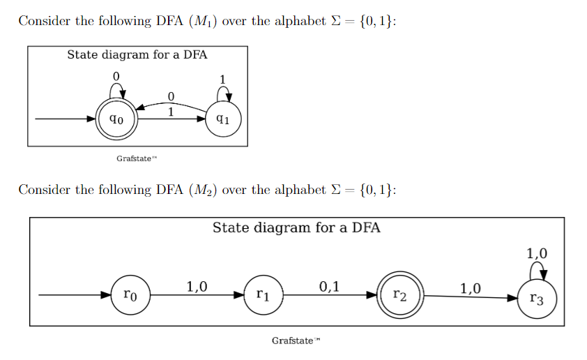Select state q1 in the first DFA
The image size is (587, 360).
pos(224,119)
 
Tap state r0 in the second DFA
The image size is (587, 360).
pos(130,296)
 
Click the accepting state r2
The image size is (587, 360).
pos(397,296)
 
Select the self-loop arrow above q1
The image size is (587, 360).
pos(224,92)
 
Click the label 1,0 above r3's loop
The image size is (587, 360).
pos(537,253)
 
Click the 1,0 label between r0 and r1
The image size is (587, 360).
pos(197,285)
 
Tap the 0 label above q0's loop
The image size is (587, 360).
pos(116,75)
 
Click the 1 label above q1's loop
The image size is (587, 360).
pos(222,77)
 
